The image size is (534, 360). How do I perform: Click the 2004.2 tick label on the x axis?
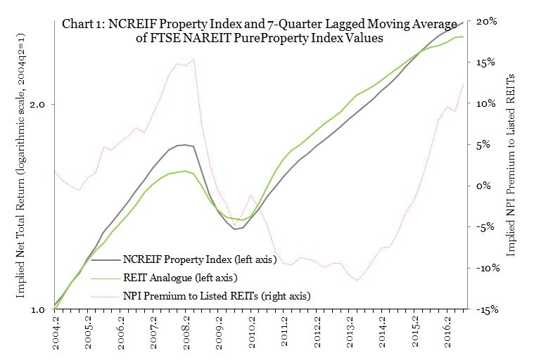57,333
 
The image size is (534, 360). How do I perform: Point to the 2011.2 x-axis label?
286,333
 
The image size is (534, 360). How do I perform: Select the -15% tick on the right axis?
488,309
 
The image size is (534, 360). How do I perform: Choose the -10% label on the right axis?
488,269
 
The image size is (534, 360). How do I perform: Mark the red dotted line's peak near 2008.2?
193,60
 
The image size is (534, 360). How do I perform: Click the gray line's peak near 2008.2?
184,145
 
